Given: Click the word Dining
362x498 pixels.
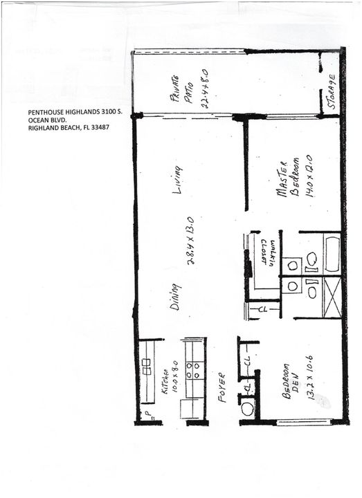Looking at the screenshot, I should [176, 295].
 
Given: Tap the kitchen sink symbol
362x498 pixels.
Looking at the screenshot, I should [147, 367].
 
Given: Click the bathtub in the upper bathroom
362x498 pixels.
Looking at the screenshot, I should [331, 254].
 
